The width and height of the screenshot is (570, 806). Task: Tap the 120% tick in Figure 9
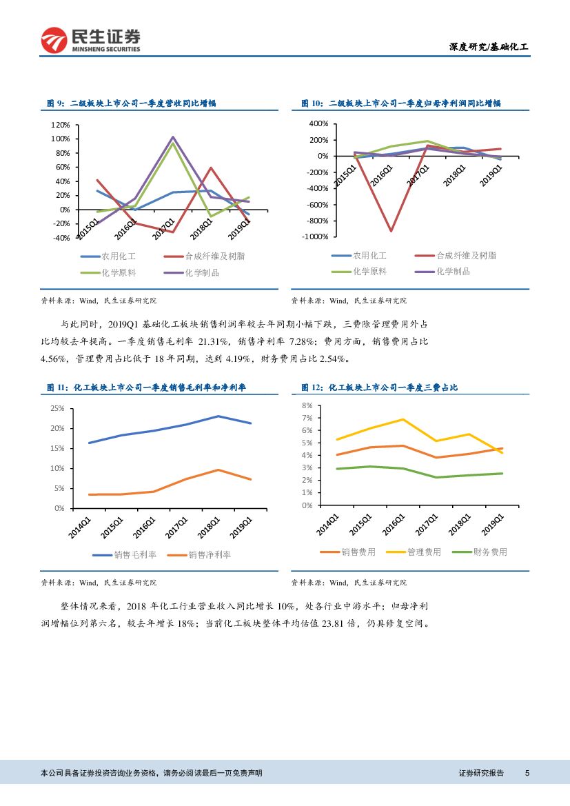click(61, 125)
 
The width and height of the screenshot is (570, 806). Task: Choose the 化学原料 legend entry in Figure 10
click(369, 271)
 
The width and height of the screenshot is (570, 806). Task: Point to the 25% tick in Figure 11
click(57, 409)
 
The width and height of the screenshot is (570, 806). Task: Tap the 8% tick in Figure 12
click(307, 406)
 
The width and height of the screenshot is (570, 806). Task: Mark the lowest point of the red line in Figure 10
click(391, 231)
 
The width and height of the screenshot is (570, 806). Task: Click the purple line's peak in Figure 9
click(173, 137)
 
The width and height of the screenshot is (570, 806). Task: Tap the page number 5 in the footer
click(527, 773)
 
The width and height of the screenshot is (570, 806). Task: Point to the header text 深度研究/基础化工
click(489, 47)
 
